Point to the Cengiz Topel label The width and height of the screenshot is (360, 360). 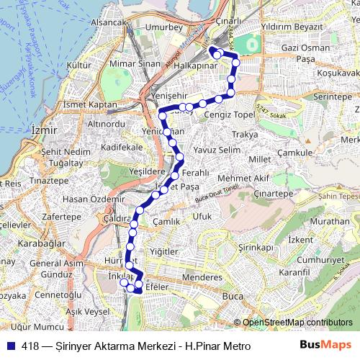tap(229, 114)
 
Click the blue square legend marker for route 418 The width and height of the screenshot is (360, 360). tap(10, 346)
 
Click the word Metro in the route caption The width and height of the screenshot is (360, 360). tap(235, 346)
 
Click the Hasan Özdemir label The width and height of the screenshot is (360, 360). tap(89, 199)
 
